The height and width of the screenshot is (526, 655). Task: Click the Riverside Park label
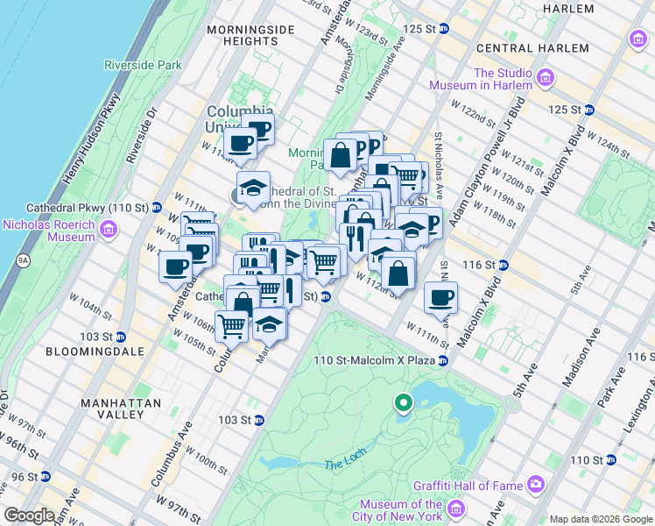pos(143,65)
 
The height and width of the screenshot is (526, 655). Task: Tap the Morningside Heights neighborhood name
pos(243,35)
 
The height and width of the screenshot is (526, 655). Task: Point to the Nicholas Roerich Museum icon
pos(109,231)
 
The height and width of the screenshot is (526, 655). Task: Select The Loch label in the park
pos(342,464)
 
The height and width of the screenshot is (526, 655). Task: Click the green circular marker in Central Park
pos(403,403)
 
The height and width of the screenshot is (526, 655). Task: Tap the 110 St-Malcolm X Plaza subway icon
pos(444,360)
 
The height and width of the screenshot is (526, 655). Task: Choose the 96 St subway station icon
pos(45,477)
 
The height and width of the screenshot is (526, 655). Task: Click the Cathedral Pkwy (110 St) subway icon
pos(156,208)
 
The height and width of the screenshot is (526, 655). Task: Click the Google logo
pos(29,515)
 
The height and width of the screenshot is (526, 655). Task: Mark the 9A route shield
pos(23,260)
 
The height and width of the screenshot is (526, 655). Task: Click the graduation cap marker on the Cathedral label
pos(253,188)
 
